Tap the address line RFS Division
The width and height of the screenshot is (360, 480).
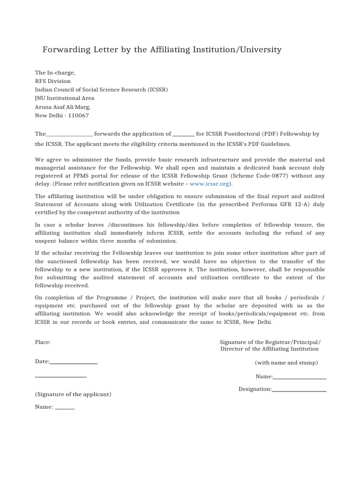(x=53, y=81)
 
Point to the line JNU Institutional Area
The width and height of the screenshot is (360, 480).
(x=65, y=98)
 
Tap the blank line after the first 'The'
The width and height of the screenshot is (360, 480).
(x=69, y=135)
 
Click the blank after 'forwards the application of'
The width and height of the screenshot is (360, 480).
(x=183, y=135)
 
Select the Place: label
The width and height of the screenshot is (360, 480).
(x=43, y=342)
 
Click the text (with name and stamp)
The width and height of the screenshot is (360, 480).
(x=286, y=363)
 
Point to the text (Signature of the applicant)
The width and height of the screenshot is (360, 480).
(x=73, y=394)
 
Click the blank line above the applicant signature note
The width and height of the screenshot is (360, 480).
(x=61, y=376)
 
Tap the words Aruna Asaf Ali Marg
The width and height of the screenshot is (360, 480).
(x=63, y=107)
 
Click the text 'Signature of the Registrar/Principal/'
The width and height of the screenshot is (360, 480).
(x=270, y=342)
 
